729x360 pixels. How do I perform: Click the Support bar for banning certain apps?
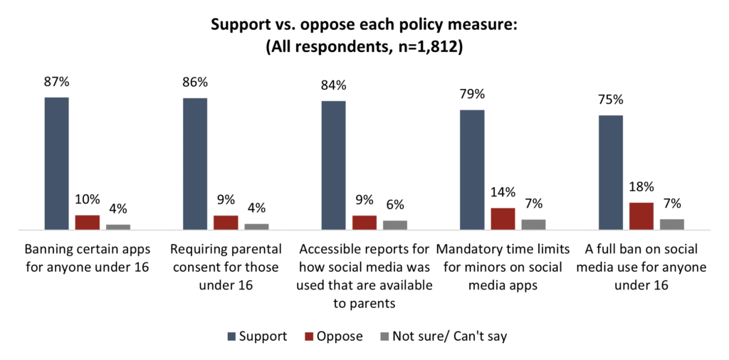pos(57,164)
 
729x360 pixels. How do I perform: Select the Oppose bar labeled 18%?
pos(641,216)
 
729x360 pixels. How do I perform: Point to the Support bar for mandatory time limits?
pos(472,170)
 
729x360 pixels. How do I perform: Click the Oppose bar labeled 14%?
pos(503,219)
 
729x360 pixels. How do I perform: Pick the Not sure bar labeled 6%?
pos(395,225)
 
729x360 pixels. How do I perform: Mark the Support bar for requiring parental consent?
pos(195,164)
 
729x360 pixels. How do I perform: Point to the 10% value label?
pos(88,201)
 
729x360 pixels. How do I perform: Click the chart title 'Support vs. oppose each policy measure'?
pos(364,26)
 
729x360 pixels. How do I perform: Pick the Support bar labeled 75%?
pos(611,173)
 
